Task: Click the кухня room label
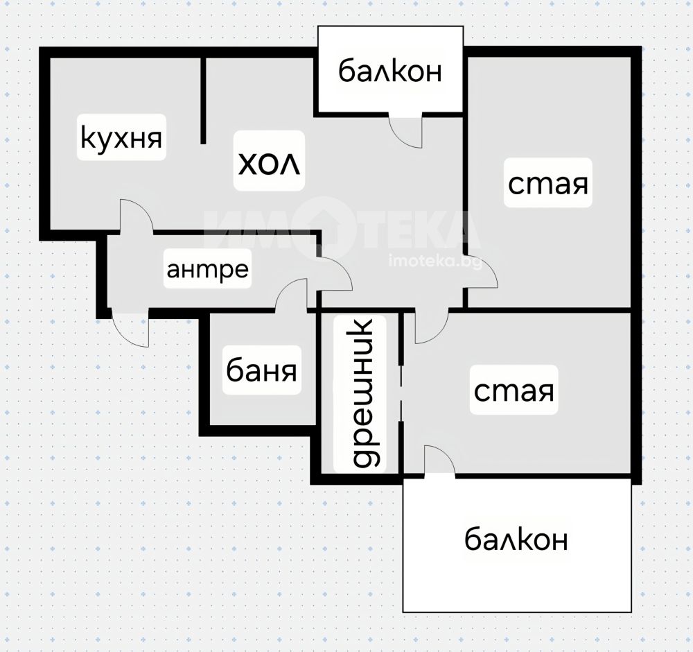pos(121,138)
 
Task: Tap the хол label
pos(269,163)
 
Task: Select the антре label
pos(207,269)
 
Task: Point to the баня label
pos(261,370)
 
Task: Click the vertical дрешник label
pos(365,393)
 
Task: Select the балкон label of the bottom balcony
pos(516,539)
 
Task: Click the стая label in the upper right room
pos(548,184)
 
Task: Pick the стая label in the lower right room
pos(514,391)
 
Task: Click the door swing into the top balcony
pos(405,130)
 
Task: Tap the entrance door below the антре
pos(130,329)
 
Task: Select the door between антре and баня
pos(291,295)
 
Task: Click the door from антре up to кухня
pos(137,216)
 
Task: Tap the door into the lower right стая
pos(431,327)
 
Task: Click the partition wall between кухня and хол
pos(203,101)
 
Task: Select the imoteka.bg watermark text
pos(435,262)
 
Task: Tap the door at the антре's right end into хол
pos(335,274)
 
